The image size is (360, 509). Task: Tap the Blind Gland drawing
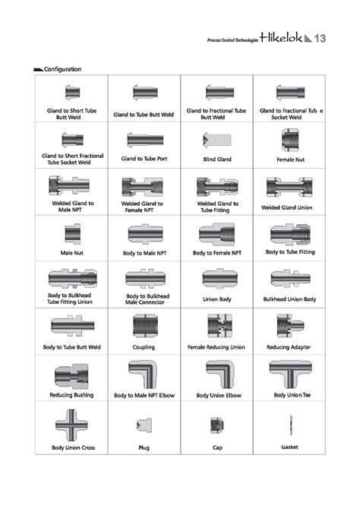click(215, 139)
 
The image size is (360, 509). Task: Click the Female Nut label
click(289, 160)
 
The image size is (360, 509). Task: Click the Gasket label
click(289, 447)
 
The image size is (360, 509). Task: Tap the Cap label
click(216, 447)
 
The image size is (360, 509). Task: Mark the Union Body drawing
click(217, 279)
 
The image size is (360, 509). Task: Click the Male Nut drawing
click(72, 233)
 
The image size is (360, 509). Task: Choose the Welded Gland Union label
click(289, 207)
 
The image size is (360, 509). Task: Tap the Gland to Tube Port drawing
click(144, 139)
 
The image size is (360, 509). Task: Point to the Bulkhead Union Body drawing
click(289, 279)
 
